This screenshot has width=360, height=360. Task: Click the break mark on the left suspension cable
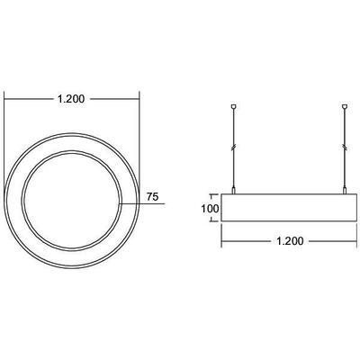pyautogui.click(x=234, y=147)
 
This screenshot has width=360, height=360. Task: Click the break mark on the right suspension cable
pyautogui.click(x=345, y=147)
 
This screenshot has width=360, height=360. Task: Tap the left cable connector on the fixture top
pyautogui.click(x=234, y=188)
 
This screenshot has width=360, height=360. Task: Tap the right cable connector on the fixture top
pyautogui.click(x=345, y=188)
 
